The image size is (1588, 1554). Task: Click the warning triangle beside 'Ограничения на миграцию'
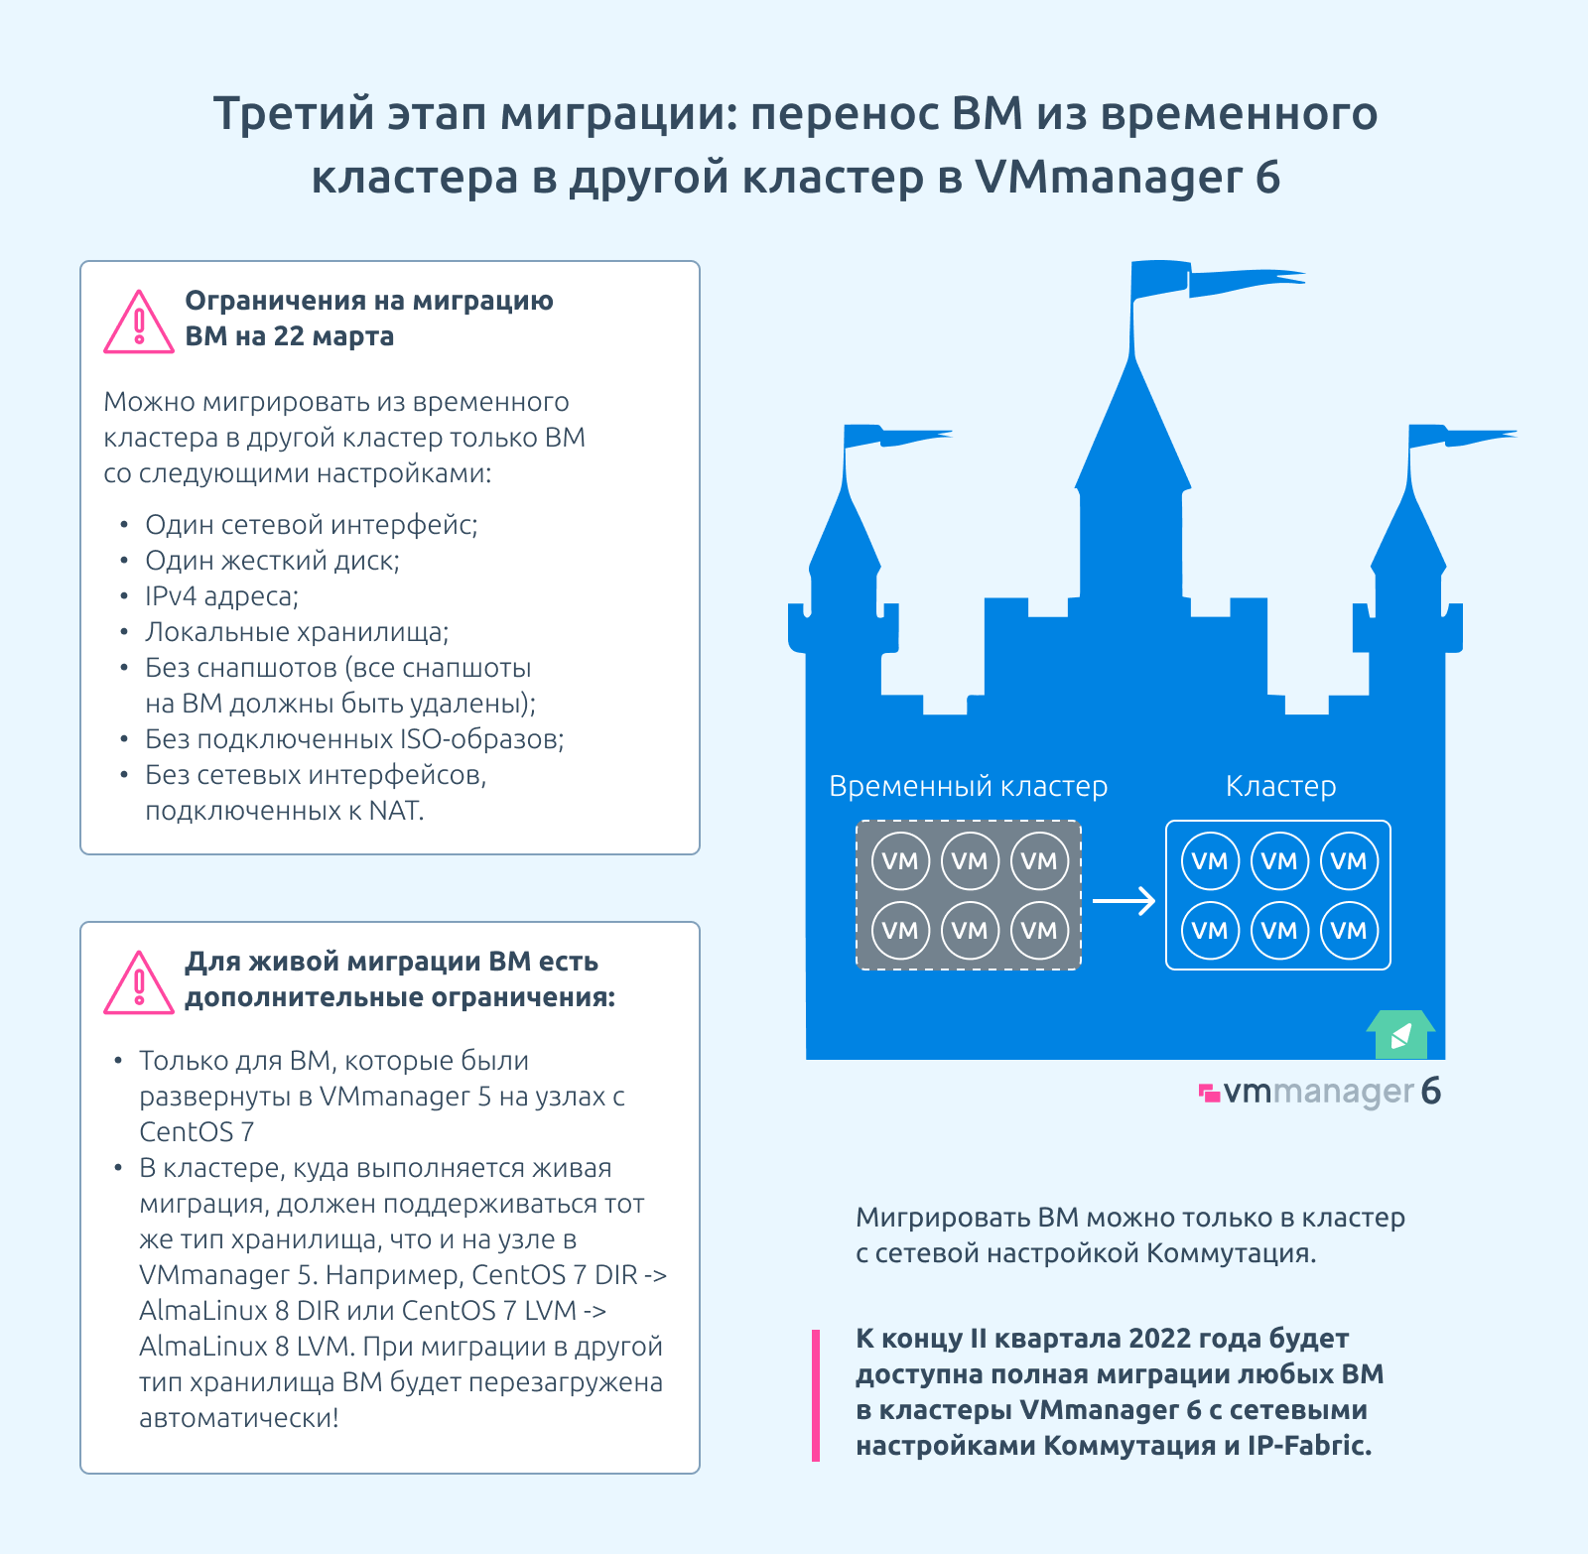[139, 323]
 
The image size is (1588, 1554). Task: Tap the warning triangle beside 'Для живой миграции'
[139, 983]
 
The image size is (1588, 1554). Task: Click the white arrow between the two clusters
[1125, 900]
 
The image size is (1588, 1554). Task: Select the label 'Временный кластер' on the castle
[968, 786]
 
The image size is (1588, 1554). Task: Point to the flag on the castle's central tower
[1217, 280]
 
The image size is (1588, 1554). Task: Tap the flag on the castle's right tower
[1462, 437]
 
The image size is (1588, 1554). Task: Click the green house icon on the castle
[1400, 1035]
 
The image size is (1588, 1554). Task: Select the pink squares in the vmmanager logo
[1209, 1093]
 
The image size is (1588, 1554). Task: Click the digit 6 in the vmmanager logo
[1430, 1091]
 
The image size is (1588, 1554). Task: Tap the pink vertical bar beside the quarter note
[816, 1395]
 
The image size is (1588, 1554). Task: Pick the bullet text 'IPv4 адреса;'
[222, 596]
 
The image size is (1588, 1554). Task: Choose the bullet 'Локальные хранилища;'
[297, 632]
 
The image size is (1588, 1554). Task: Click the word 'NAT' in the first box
[394, 811]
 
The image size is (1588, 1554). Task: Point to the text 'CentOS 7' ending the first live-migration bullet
[197, 1132]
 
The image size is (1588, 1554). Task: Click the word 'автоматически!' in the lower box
[239, 1418]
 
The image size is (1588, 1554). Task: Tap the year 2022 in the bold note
[1159, 1339]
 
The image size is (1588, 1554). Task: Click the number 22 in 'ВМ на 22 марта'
[289, 336]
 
